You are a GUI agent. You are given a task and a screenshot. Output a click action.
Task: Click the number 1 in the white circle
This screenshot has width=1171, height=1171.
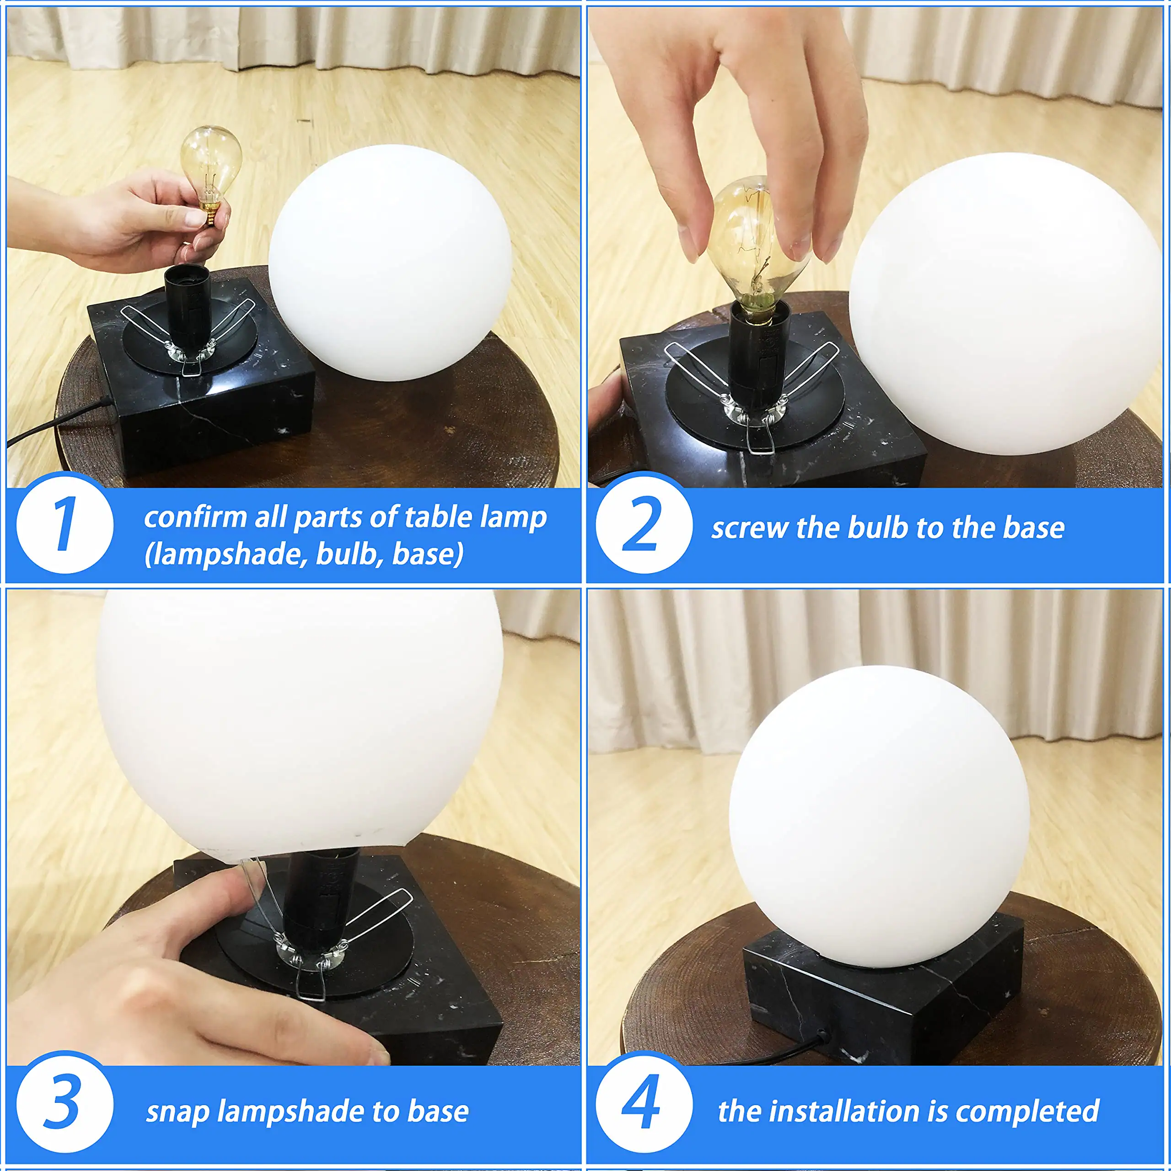pos(65,524)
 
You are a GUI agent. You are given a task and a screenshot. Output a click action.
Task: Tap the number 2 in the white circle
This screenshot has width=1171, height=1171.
pos(643,524)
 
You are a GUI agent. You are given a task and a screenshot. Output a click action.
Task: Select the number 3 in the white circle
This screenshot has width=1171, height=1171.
pos(63,1100)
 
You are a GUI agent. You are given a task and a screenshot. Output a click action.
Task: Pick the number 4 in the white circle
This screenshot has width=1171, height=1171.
pos(642,1100)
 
